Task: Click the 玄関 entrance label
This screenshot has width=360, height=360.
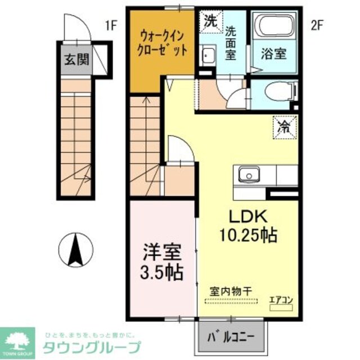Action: [76, 60]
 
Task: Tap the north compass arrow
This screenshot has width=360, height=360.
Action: [76, 250]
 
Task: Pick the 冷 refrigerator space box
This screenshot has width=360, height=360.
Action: [285, 127]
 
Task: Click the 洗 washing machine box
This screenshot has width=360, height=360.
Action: [210, 21]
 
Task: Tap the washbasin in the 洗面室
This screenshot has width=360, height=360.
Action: [208, 56]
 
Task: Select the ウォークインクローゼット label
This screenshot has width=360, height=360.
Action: [162, 44]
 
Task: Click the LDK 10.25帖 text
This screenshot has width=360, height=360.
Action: [249, 226]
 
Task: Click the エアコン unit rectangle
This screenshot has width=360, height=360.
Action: [281, 308]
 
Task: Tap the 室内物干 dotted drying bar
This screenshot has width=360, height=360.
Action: [231, 301]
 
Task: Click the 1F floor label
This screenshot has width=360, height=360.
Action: [111, 25]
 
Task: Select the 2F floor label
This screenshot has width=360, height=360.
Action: [317, 25]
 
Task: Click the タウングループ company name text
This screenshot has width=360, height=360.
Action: [92, 348]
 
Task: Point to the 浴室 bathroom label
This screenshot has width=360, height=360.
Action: [274, 54]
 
